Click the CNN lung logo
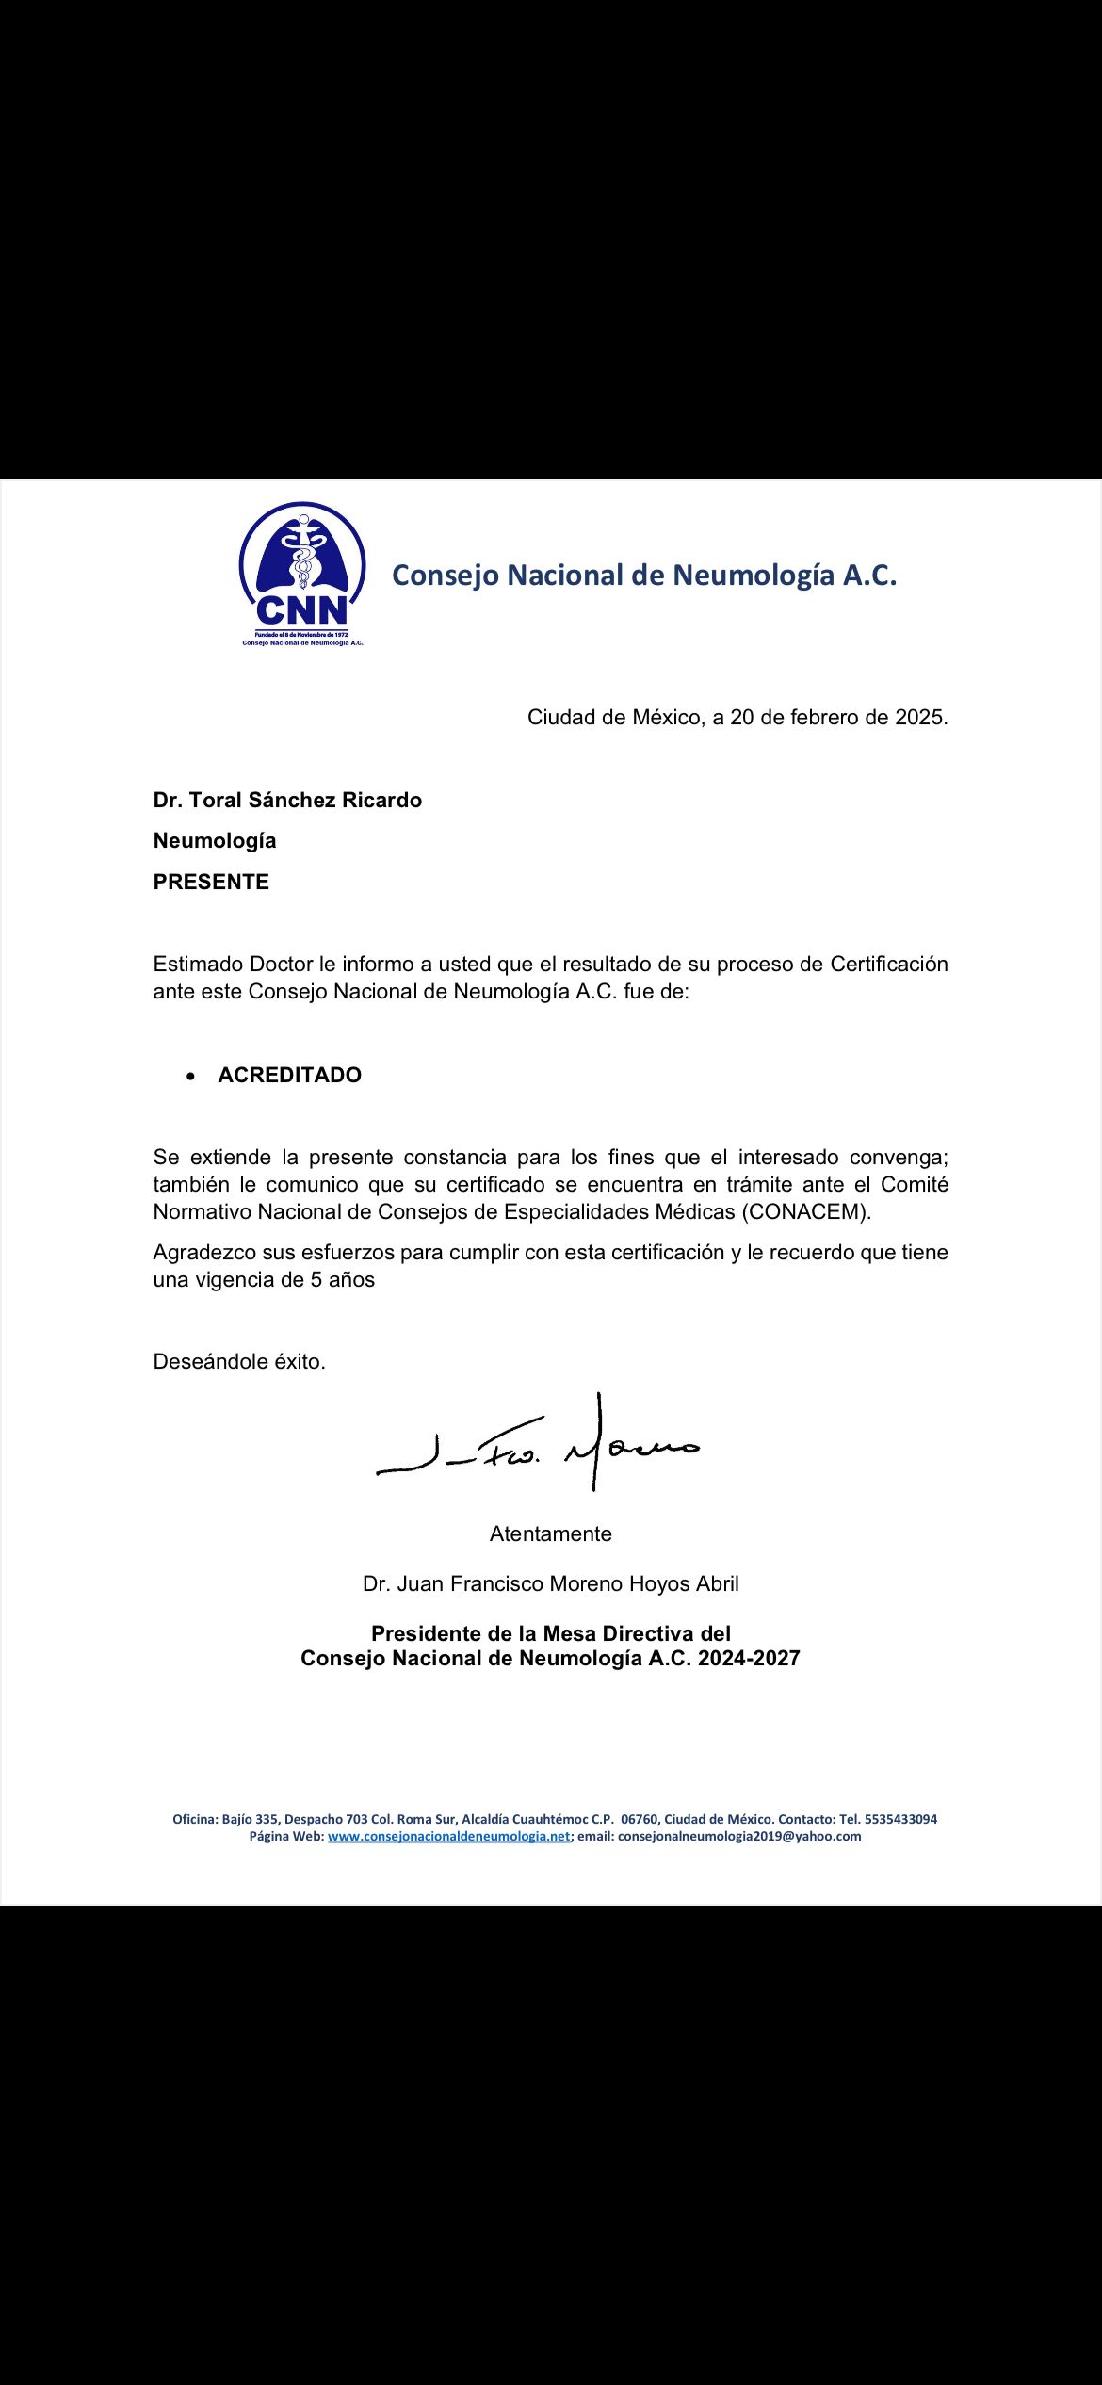click(301, 572)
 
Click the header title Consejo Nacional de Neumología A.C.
click(643, 575)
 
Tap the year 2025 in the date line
click(918, 717)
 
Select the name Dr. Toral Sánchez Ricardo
click(287, 800)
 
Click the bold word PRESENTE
click(211, 882)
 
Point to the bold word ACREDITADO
click(289, 1075)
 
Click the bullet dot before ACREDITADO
click(192, 1076)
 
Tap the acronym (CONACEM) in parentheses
click(806, 1211)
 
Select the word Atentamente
click(550, 1533)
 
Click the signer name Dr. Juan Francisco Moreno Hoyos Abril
click(550, 1583)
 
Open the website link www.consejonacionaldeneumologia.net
click(448, 1836)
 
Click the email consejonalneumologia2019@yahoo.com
click(738, 1836)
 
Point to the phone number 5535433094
click(899, 1819)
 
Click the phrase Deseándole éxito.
click(239, 1361)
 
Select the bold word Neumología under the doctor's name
click(215, 840)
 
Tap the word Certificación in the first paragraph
click(888, 964)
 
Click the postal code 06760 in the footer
click(639, 1819)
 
